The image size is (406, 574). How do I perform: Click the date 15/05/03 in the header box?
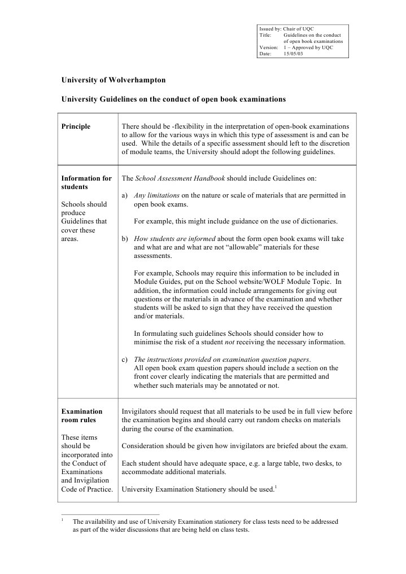[293, 54]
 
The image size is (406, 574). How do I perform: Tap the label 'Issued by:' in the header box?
[270, 29]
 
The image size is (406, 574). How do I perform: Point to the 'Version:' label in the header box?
[269, 47]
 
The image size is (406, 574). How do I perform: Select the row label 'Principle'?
[76, 126]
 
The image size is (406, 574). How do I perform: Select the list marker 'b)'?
[126, 239]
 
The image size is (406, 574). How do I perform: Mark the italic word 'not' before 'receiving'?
[230, 342]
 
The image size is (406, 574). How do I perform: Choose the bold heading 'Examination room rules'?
[82, 415]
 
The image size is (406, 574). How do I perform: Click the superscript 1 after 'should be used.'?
[276, 487]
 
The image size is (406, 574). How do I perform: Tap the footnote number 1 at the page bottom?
[62, 519]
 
